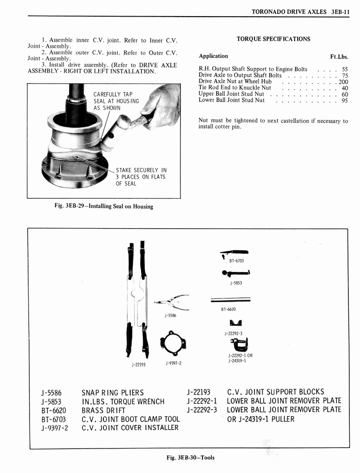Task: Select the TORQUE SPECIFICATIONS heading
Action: [273, 39]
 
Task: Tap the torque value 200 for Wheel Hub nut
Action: [343, 82]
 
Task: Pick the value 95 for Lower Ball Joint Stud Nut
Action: [345, 100]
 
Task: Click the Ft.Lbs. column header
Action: [339, 57]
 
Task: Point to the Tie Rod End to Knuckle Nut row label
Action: [234, 88]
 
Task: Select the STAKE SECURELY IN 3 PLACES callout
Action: [141, 176]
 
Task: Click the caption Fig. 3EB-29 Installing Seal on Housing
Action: [104, 206]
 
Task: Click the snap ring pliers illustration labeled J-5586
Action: [172, 302]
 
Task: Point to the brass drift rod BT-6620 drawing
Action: [230, 300]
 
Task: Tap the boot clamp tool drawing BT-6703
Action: [234, 252]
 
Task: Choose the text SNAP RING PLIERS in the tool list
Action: [113, 393]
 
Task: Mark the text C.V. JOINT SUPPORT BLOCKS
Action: [276, 392]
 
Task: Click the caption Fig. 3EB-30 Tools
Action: [191, 458]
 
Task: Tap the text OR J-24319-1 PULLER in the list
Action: [260, 419]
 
